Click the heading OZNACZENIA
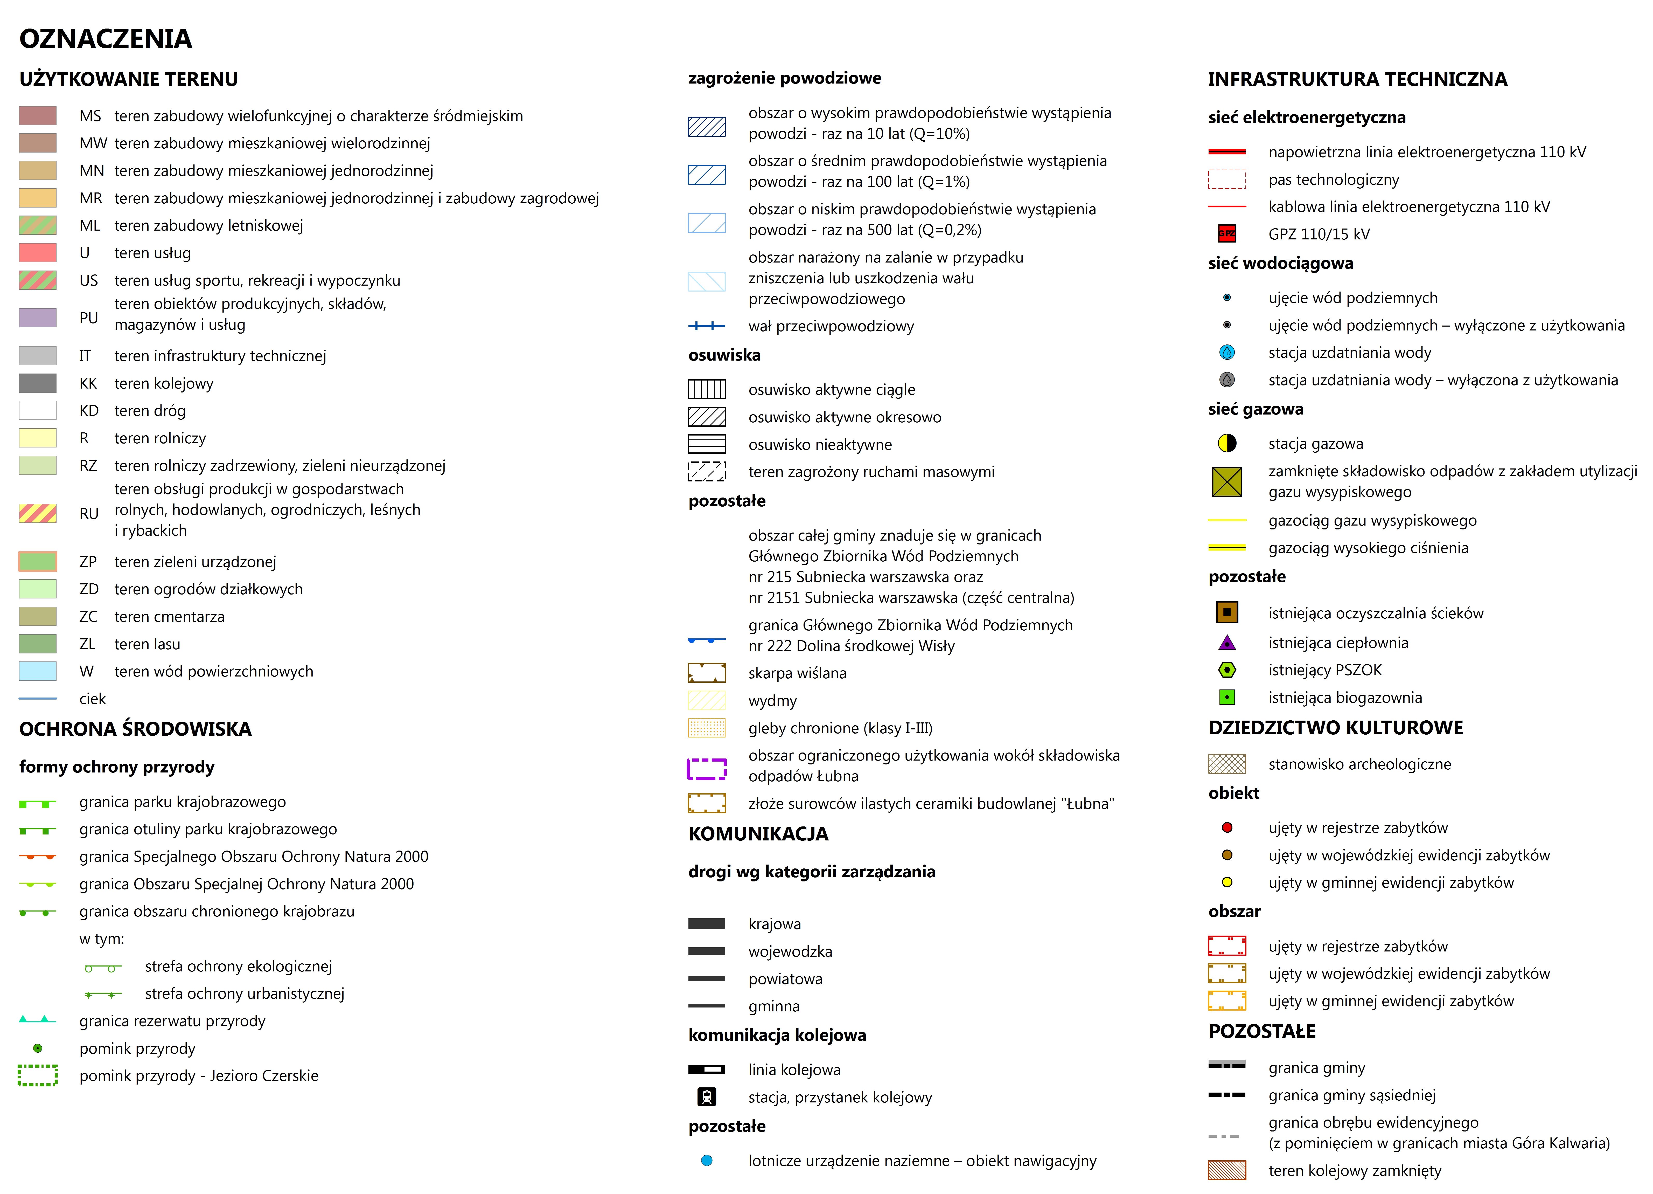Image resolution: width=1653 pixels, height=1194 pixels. (106, 39)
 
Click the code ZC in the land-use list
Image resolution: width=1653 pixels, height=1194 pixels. (88, 617)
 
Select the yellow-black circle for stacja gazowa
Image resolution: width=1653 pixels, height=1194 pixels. (1227, 443)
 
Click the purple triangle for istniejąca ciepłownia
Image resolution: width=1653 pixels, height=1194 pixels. (1227, 642)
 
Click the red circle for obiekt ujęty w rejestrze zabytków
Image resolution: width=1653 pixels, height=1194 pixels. (1227, 827)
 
